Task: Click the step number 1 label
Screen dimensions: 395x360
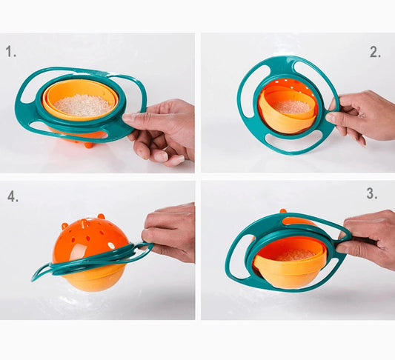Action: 11,51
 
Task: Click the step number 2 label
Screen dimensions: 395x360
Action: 375,53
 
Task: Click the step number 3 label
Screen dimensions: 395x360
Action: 372,193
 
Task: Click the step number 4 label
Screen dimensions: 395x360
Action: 13,196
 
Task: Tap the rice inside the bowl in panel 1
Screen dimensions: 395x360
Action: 83,105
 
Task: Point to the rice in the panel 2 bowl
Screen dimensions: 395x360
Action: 292,106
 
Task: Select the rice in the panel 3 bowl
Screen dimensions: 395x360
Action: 295,256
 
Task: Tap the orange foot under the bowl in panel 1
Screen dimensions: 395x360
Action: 89,144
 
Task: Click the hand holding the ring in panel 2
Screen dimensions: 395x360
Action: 362,116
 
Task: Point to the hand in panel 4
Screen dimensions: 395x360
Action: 169,230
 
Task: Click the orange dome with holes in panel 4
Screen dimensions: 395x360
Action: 88,241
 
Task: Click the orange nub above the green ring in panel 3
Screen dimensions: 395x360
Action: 283,211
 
